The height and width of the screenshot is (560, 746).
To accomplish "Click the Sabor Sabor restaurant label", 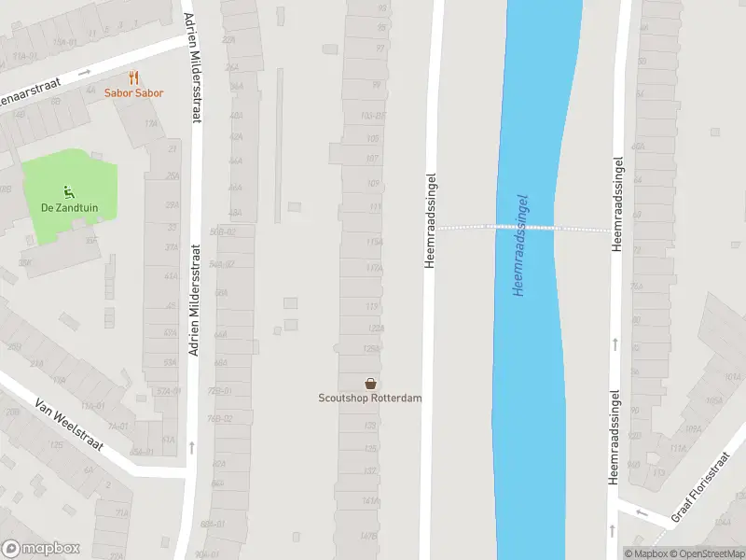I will tap(134, 93).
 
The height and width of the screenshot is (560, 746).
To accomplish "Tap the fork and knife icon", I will tap(134, 78).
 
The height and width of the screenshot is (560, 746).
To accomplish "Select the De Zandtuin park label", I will tap(68, 208).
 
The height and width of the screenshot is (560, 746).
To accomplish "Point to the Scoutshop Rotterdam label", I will tap(370, 399).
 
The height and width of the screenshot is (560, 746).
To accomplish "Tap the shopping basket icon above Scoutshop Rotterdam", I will tap(371, 384).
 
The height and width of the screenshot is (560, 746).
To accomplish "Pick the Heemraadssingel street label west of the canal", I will tap(431, 220).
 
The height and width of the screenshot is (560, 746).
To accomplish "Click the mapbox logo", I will tap(41, 549).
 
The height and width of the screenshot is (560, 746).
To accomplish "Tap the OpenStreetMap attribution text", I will tap(708, 553).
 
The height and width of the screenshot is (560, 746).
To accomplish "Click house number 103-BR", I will tap(372, 117).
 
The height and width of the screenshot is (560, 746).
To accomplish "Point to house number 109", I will tap(374, 183).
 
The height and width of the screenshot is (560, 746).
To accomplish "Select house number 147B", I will tap(369, 536).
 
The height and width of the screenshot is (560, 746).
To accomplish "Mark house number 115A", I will tap(374, 242).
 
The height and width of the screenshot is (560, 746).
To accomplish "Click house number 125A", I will tap(371, 348).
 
